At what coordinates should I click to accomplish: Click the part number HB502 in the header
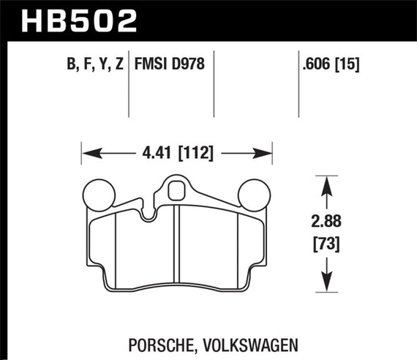coord(80,19)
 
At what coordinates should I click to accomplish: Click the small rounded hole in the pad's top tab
coord(176,192)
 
